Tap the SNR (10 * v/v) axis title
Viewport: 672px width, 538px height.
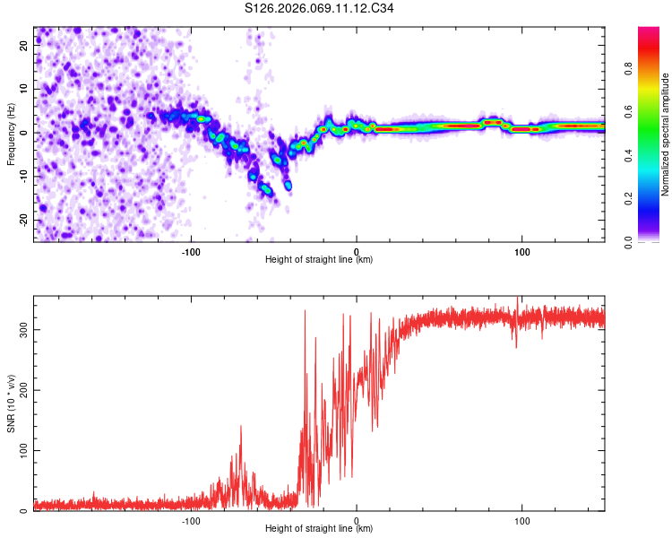pos(11,405)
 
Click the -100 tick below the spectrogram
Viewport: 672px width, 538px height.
pos(190,251)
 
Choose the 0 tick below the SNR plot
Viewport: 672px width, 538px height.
pos(357,520)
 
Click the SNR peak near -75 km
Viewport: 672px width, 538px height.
pos(240,427)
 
